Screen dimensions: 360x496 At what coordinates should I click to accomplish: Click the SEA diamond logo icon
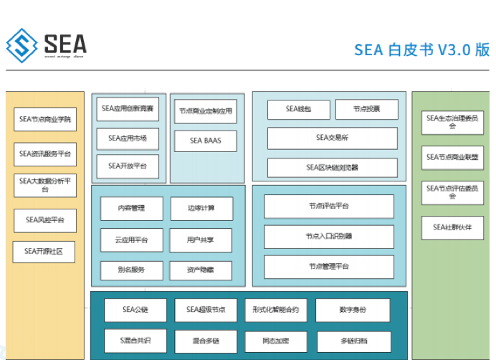[22, 45]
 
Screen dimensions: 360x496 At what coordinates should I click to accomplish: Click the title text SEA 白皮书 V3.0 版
[421, 49]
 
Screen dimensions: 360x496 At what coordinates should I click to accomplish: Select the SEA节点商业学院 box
[44, 119]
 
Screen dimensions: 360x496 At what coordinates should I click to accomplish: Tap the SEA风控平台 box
[44, 220]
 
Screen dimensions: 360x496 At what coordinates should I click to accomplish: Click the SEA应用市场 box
[128, 138]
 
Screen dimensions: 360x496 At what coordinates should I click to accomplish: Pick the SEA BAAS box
[205, 141]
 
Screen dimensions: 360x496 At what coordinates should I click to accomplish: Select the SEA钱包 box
[298, 109]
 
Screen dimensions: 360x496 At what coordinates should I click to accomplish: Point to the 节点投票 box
[366, 109]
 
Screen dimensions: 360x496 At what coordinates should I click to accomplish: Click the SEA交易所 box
[332, 138]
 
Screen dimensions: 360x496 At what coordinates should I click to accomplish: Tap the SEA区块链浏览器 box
[332, 168]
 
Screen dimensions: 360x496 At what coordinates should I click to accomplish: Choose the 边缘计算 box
[201, 209]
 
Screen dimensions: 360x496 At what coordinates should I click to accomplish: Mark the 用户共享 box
[201, 240]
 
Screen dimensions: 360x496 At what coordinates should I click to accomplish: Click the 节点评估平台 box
[328, 207]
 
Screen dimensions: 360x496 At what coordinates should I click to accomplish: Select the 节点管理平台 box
[328, 267]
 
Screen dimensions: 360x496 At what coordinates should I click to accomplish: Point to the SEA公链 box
[135, 310]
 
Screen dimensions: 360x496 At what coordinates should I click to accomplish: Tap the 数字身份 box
[352, 310]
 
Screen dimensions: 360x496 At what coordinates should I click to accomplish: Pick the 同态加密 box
[276, 341]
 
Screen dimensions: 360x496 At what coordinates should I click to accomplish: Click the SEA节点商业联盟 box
[452, 157]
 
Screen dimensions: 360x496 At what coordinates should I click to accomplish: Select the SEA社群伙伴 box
[452, 228]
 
